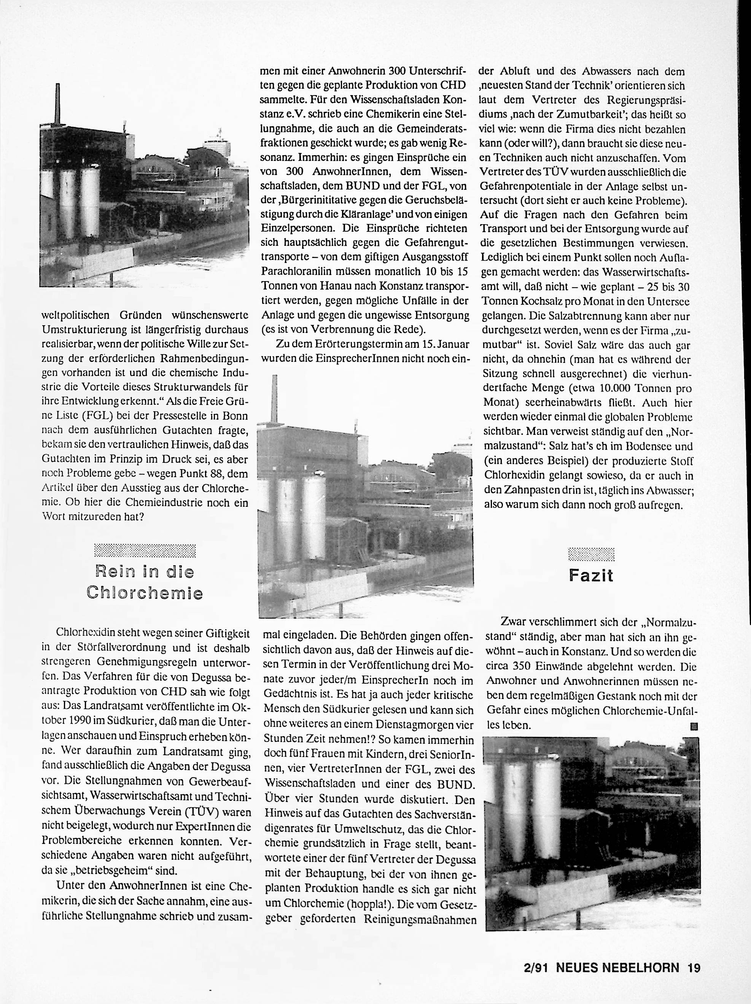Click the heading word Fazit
[x=591, y=576]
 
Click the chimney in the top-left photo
[x=57, y=104]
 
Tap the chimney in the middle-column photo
[x=274, y=399]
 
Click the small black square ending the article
[x=694, y=726]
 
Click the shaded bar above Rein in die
[x=145, y=550]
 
